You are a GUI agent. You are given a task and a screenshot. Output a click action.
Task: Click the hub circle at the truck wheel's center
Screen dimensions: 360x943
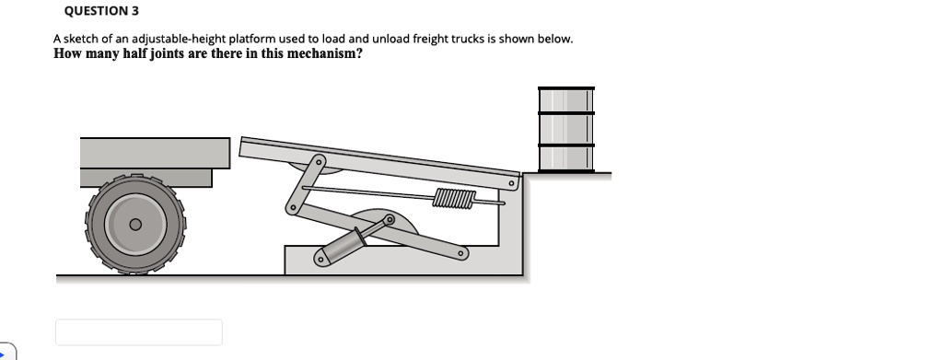click(134, 224)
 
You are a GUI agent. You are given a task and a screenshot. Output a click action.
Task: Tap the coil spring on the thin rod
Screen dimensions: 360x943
click(455, 197)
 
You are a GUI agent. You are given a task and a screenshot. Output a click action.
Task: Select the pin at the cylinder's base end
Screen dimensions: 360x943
click(321, 259)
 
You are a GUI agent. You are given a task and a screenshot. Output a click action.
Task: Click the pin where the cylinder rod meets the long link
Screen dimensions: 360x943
click(389, 220)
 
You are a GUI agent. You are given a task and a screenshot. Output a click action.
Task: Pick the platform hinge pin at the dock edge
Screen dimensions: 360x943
click(507, 183)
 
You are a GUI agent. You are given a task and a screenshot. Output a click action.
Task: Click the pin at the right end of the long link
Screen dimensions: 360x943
click(453, 255)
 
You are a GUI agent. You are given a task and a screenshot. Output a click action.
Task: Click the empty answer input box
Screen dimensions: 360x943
click(138, 331)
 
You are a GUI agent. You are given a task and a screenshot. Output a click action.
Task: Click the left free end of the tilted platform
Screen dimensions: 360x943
click(245, 147)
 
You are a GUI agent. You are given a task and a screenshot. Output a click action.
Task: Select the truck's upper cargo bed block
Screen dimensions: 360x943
click(154, 152)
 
